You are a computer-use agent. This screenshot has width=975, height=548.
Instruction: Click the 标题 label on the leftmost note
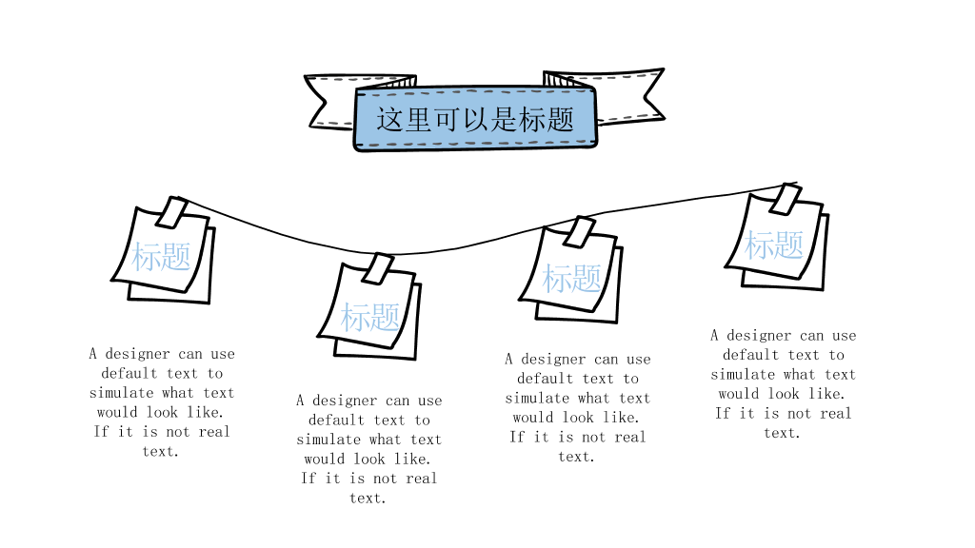coord(161,257)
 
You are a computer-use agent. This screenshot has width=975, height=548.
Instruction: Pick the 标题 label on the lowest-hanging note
coord(370,317)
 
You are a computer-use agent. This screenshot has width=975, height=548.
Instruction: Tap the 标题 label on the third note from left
coord(572,278)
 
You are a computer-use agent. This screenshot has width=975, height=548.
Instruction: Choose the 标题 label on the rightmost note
coord(774,245)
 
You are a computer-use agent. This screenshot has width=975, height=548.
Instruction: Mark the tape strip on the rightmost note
coord(785,198)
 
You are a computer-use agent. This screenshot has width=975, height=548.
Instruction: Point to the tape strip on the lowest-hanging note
coord(378,268)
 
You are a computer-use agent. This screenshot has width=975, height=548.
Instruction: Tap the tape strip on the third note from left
coord(580,232)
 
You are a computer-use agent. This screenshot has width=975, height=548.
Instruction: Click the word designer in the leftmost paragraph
coord(137,354)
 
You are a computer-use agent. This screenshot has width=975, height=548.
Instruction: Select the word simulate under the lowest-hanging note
coord(328,440)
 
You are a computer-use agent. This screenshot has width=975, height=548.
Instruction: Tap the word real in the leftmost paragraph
coord(214,432)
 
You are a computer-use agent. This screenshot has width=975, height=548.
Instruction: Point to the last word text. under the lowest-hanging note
coord(368,499)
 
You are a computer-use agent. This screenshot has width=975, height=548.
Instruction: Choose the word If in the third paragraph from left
coord(517,437)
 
